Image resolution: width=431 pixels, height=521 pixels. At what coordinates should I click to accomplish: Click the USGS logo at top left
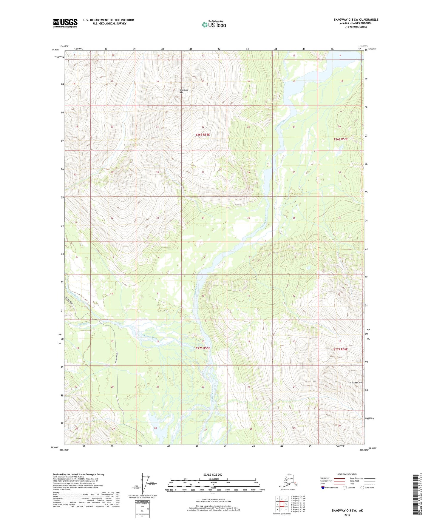coord(65,23)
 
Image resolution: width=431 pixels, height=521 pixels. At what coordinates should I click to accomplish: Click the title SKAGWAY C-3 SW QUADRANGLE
coord(356,20)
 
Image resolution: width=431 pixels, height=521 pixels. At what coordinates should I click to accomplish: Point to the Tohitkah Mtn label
coord(183,91)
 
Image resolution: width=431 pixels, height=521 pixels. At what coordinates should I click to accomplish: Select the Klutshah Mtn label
coord(356,383)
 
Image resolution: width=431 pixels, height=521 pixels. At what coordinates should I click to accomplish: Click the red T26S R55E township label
coord(203,135)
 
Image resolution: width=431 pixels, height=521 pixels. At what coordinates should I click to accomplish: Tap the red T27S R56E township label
coord(340,349)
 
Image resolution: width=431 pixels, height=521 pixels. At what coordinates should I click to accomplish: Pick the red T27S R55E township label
coord(203,348)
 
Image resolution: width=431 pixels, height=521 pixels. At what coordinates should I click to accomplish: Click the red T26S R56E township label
coord(340,139)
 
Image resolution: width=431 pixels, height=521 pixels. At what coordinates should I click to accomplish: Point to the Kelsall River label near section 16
coord(150,337)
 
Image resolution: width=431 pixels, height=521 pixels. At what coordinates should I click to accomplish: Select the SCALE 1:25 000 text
coord(213,474)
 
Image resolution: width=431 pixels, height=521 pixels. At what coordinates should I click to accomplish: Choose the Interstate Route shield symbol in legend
coord(323,488)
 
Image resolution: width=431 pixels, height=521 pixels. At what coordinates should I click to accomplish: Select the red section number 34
coord(203,218)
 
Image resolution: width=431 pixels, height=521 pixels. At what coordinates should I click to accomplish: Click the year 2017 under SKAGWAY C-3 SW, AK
coord(347,515)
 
